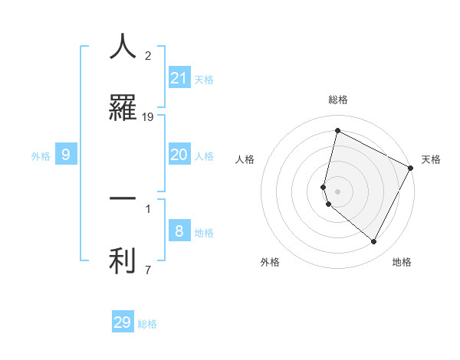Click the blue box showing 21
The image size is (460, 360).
click(x=179, y=77)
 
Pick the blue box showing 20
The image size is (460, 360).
click(x=179, y=155)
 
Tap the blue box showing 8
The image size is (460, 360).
click(x=179, y=231)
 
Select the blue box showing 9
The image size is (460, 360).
click(x=66, y=155)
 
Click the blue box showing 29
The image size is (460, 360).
click(x=123, y=322)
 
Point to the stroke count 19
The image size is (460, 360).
click(x=148, y=117)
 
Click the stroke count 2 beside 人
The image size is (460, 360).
click(x=148, y=56)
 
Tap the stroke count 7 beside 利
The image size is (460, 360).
click(x=148, y=270)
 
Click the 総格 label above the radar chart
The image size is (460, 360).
click(x=338, y=100)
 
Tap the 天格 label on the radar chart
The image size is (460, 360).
click(x=431, y=159)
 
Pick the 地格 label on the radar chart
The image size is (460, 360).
click(x=402, y=262)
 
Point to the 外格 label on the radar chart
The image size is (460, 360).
click(x=270, y=262)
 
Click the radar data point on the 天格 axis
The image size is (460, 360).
click(x=411, y=167)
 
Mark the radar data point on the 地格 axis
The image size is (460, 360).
click(x=374, y=242)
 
